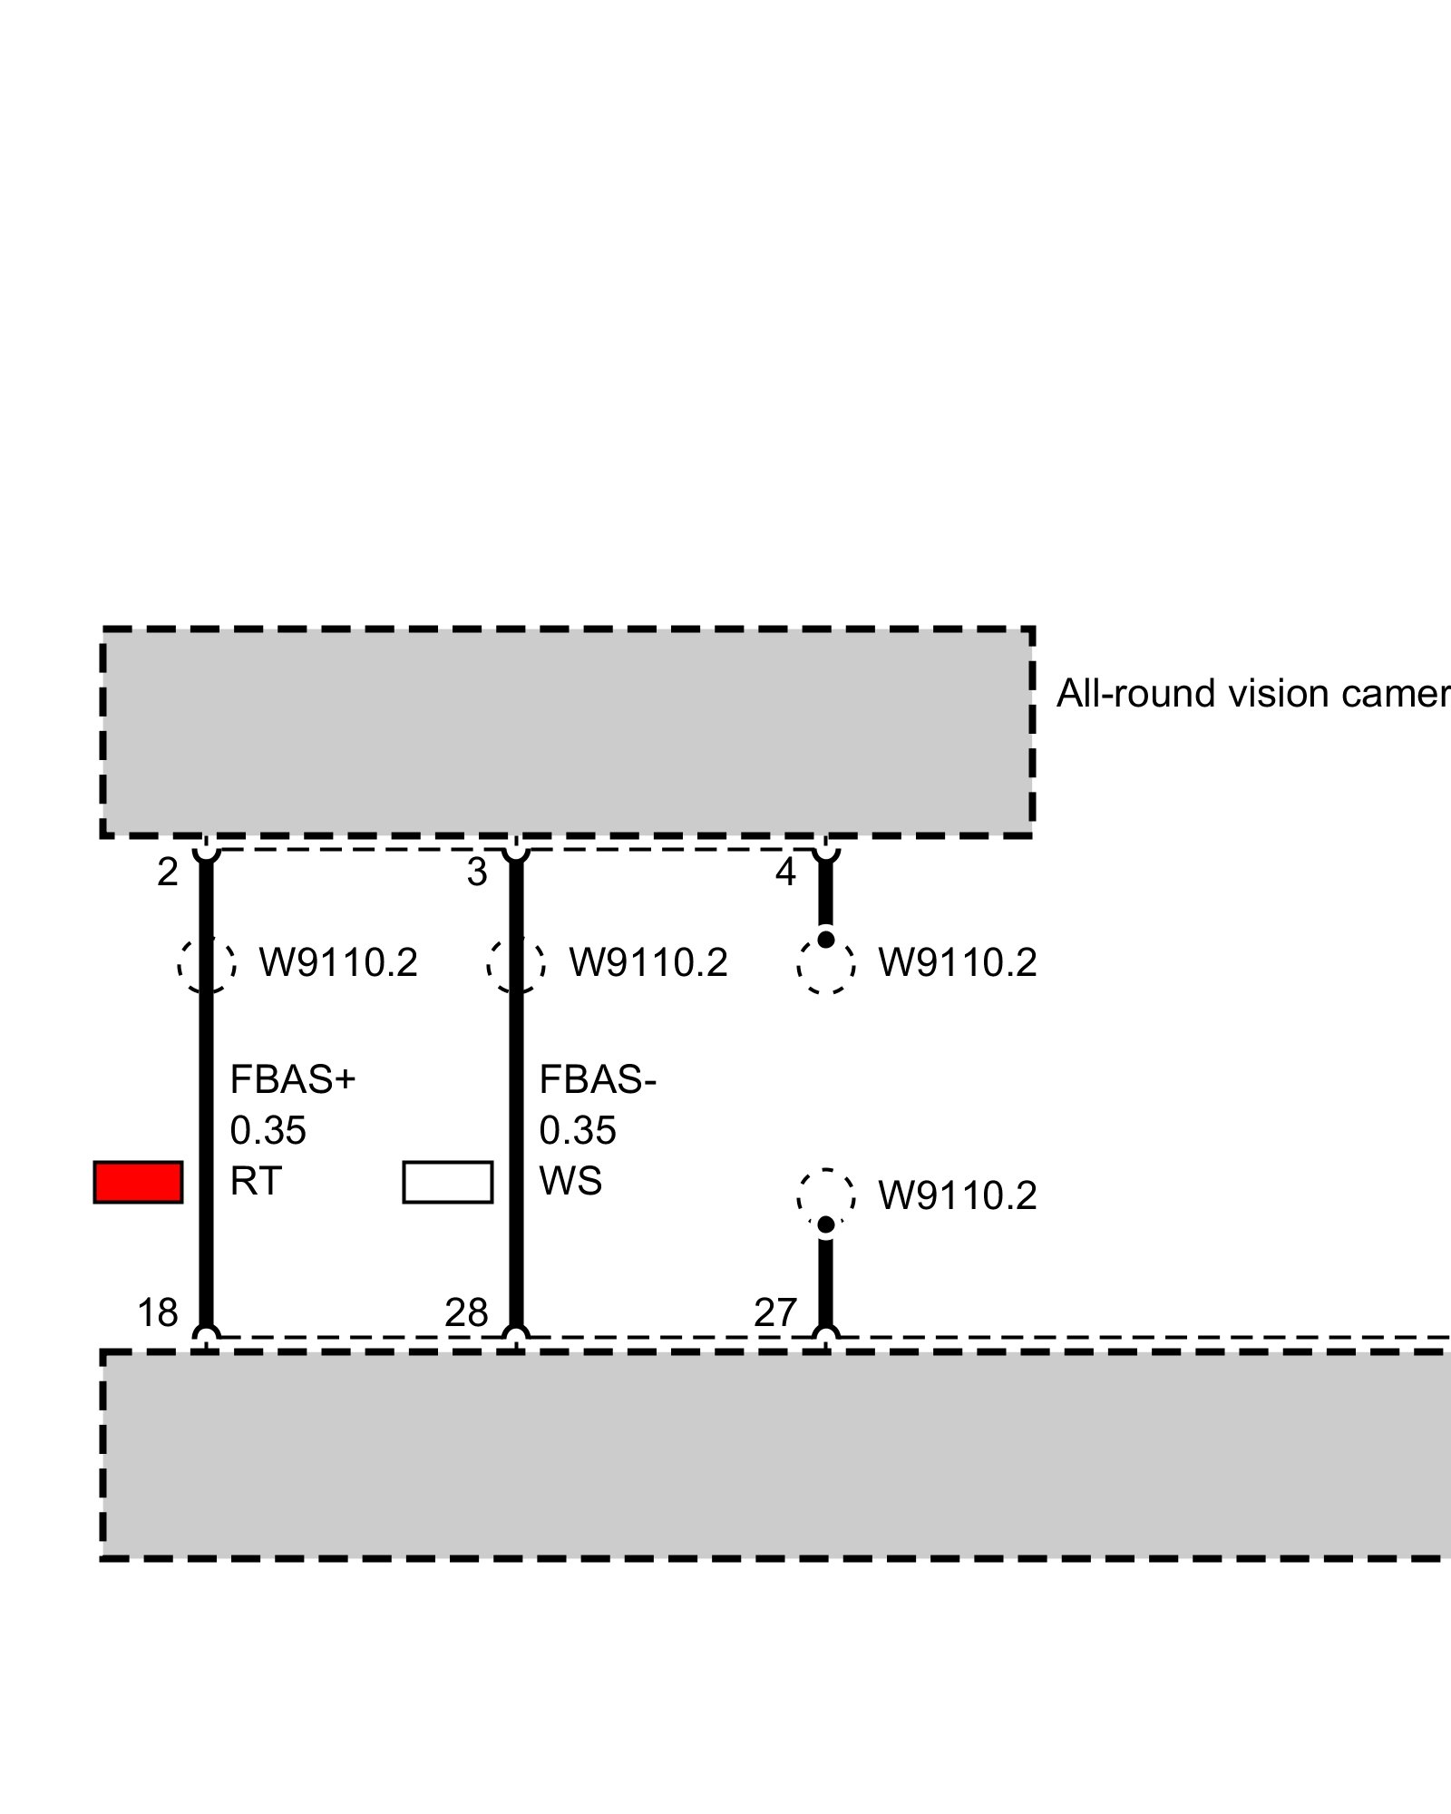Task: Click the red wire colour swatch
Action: click(x=138, y=1182)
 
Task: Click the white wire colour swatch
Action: click(x=447, y=1182)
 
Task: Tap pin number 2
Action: click(x=168, y=873)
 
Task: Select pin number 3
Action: click(x=477, y=873)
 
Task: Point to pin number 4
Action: click(x=785, y=873)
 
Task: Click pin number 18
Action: click(x=158, y=1312)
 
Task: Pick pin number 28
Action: click(x=466, y=1312)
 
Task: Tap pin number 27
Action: click(x=775, y=1312)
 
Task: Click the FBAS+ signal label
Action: click(x=293, y=1079)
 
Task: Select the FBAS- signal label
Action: click(x=598, y=1079)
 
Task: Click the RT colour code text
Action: click(x=256, y=1181)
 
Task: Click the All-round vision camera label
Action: click(x=1251, y=694)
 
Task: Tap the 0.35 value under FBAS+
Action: click(x=268, y=1130)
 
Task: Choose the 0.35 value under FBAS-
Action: click(x=578, y=1130)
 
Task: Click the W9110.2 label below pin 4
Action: click(x=958, y=962)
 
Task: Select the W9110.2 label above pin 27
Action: click(x=958, y=1196)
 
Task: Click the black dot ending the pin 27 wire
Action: click(x=825, y=1224)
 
